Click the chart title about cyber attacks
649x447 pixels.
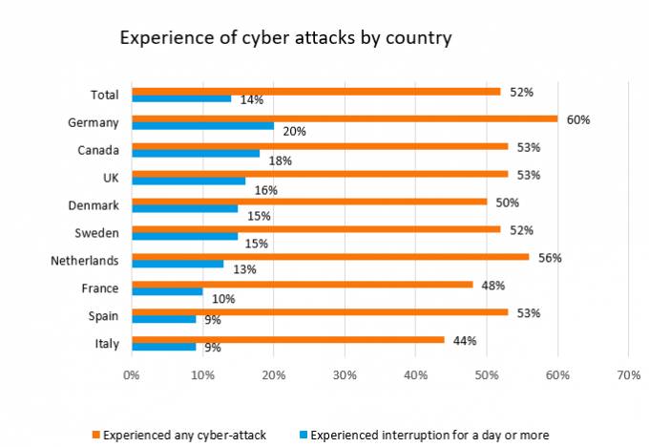[x=285, y=39]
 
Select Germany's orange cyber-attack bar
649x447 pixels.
[x=344, y=119]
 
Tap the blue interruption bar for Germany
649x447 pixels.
[x=202, y=126]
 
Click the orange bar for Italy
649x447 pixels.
[x=287, y=340]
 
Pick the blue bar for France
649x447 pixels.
[x=167, y=291]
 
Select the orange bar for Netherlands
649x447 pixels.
[x=330, y=257]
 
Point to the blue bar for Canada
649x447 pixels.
[x=196, y=154]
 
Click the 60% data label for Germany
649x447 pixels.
[x=578, y=120]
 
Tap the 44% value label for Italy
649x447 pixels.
[x=465, y=341]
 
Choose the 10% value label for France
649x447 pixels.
[x=223, y=299]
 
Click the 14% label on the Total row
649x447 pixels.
[x=252, y=100]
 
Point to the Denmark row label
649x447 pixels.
[x=94, y=205]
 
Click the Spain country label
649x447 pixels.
[x=102, y=315]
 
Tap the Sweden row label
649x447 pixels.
[x=96, y=233]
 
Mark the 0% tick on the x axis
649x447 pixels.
[x=132, y=374]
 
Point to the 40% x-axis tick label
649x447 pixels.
[x=415, y=374]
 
